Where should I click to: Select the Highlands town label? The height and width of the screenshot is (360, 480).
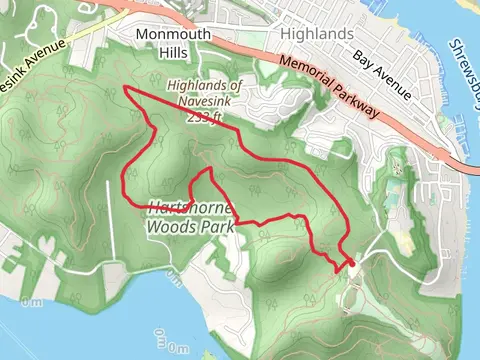[x=317, y=33]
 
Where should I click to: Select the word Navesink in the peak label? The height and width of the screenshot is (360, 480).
[x=205, y=102]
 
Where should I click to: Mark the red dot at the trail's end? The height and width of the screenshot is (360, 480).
[x=351, y=263]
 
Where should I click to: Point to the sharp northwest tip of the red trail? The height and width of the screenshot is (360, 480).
[x=124, y=89]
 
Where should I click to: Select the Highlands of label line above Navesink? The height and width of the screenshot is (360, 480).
[x=204, y=87]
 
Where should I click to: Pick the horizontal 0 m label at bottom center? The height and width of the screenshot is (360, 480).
[x=178, y=349]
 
